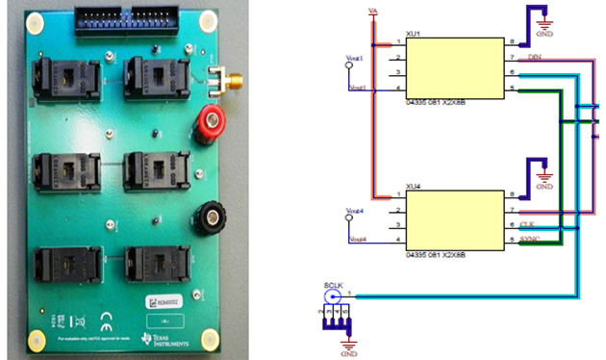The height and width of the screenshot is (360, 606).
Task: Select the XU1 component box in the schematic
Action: pyautogui.click(x=455, y=66)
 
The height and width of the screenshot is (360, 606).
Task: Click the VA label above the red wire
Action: pyautogui.click(x=373, y=11)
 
